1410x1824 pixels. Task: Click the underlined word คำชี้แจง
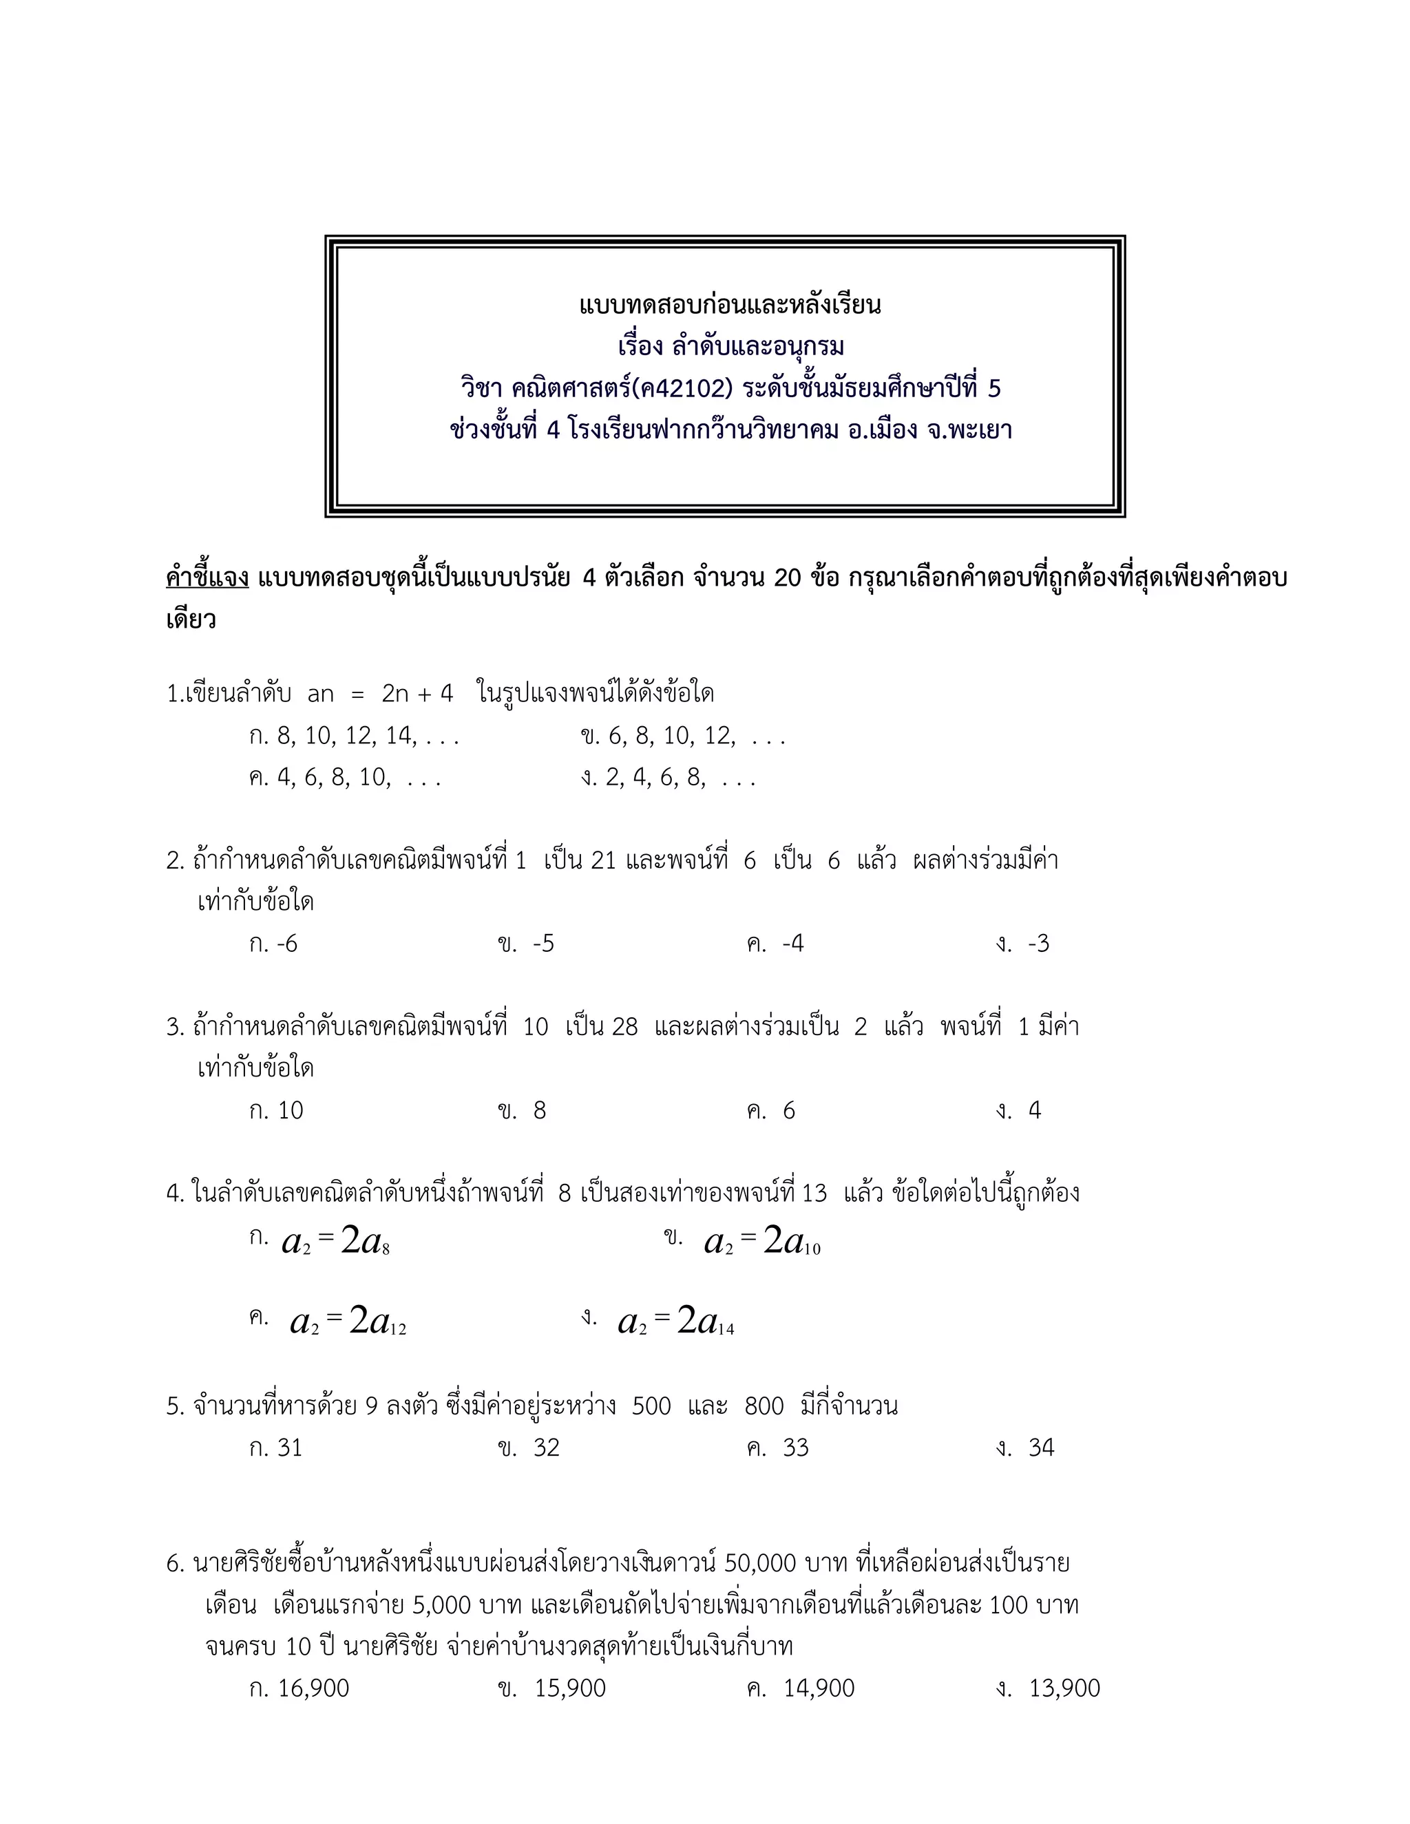click(207, 578)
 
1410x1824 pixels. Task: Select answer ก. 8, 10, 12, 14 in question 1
click(354, 736)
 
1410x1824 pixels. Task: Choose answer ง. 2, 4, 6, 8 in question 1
click(669, 778)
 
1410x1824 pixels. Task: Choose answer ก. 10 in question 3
click(277, 1111)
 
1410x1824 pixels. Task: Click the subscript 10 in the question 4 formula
click(811, 1249)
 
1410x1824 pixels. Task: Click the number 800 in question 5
click(764, 1406)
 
